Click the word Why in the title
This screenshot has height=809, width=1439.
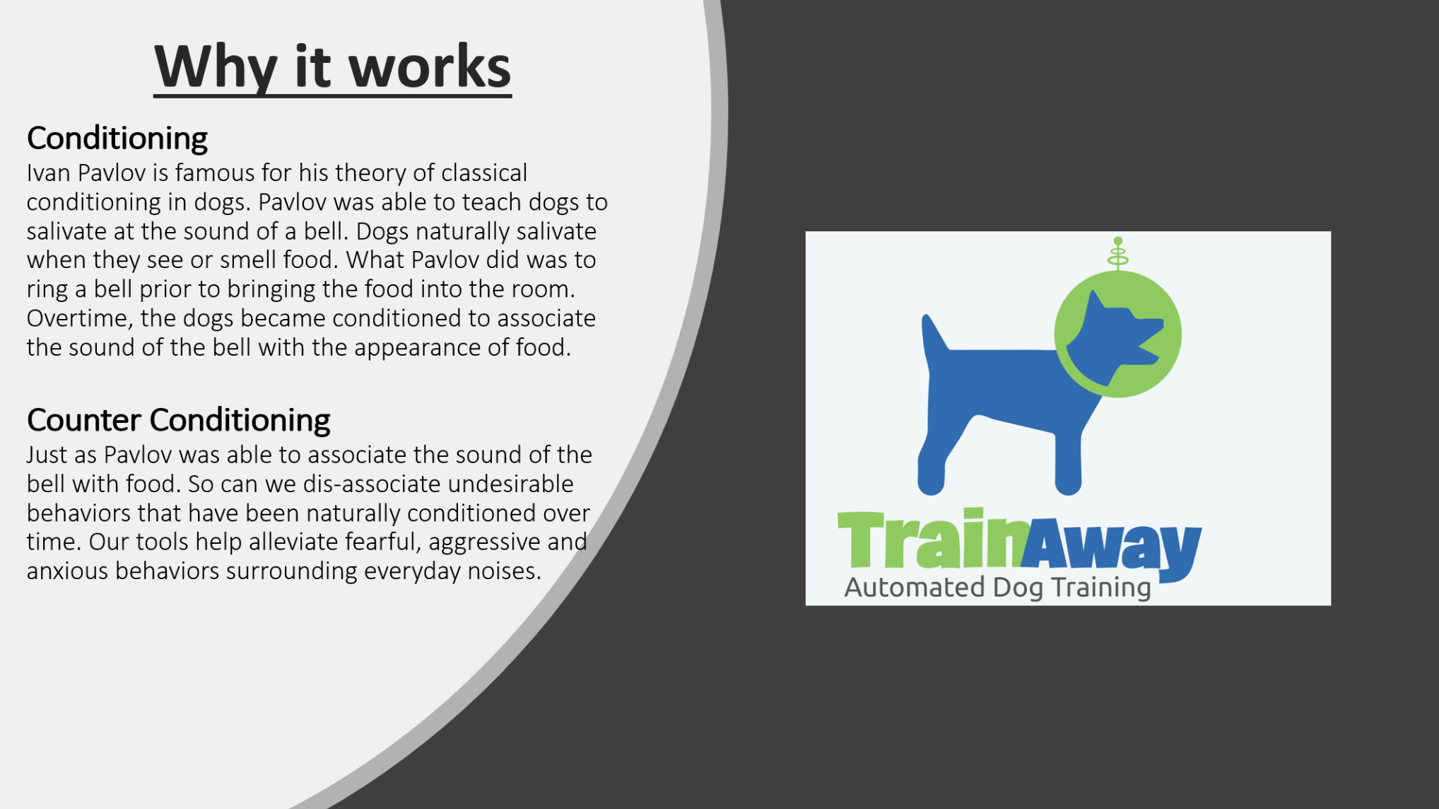pos(216,67)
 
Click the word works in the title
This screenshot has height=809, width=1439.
pos(430,67)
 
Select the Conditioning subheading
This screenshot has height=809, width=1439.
pos(117,138)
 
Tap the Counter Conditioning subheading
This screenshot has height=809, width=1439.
pos(178,420)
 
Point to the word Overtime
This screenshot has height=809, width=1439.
pos(79,318)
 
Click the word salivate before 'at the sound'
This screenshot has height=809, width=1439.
pos(65,231)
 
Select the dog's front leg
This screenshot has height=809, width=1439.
pos(1068,460)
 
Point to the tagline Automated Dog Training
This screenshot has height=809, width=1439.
pos(997,588)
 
